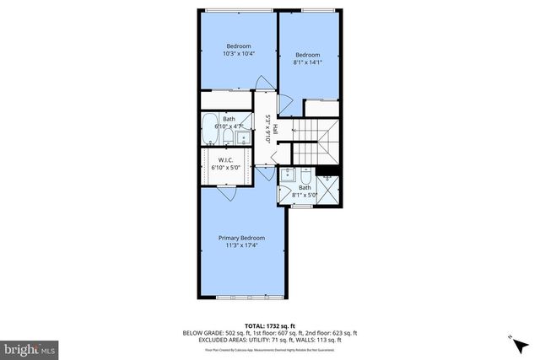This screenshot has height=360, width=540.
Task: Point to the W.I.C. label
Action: pos(225,159)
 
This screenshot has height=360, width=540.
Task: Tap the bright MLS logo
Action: pos(30,347)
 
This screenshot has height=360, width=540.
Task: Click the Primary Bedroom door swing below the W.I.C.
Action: pos(226,192)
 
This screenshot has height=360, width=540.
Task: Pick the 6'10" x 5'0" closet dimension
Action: pos(225,167)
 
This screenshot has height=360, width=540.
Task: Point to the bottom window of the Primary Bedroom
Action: pos(241,298)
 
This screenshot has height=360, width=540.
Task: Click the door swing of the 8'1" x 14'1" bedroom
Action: pos(284,105)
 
